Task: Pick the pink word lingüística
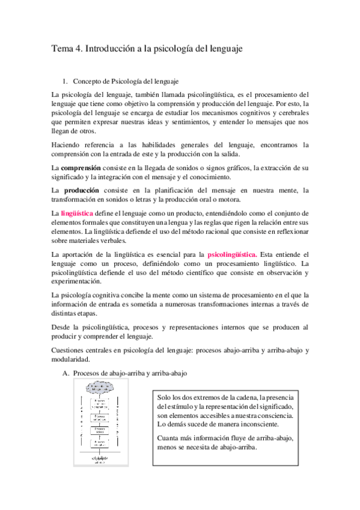pos(77,214)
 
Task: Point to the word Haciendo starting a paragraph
pos(68,144)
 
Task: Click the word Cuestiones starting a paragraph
pos(70,350)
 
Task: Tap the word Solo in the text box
pos(164,398)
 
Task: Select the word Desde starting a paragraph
pos(63,327)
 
